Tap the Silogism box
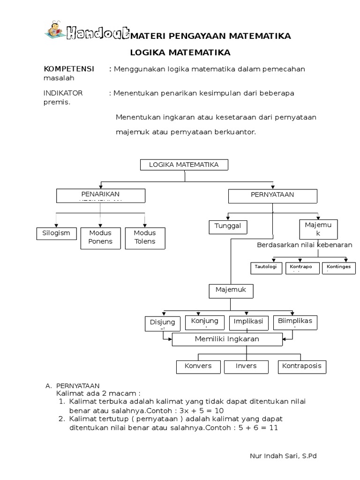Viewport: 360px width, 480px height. click(x=56, y=233)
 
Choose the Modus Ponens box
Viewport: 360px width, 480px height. click(x=100, y=237)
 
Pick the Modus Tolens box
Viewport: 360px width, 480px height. click(x=144, y=237)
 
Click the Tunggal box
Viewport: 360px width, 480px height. click(x=228, y=226)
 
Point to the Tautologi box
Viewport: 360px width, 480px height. click(x=266, y=268)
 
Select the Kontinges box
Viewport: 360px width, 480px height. click(x=338, y=268)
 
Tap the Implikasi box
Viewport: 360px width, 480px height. click(x=248, y=322)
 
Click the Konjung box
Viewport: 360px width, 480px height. click(x=205, y=322)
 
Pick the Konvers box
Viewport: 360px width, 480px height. click(x=198, y=366)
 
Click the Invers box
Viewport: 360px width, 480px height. click(x=246, y=366)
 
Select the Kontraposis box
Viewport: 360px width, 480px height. click(x=302, y=366)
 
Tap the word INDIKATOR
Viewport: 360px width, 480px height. click(x=63, y=93)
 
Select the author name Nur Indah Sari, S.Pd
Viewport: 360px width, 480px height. click(x=284, y=456)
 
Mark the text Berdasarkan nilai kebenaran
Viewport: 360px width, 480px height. click(x=305, y=245)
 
